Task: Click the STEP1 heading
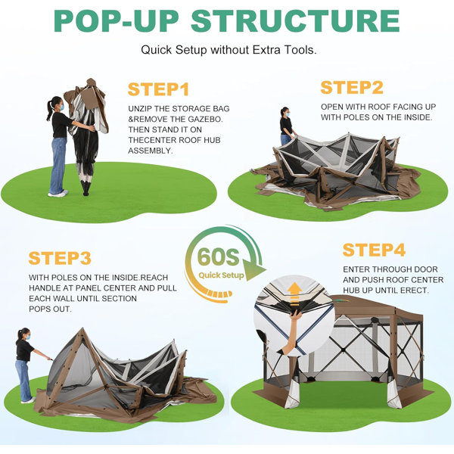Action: point(158,89)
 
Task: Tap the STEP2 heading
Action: point(352,88)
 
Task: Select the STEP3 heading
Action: point(60,258)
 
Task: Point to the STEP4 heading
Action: point(374,250)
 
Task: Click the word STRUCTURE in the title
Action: point(295,21)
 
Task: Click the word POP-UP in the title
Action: point(116,21)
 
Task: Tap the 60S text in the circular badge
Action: point(219,257)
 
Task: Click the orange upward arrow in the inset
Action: point(294,294)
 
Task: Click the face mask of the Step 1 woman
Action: point(61,107)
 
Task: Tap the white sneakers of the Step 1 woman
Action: point(58,194)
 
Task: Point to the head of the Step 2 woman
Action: point(285,112)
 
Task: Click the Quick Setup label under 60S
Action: point(221,275)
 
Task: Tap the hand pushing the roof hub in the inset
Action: point(296,314)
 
